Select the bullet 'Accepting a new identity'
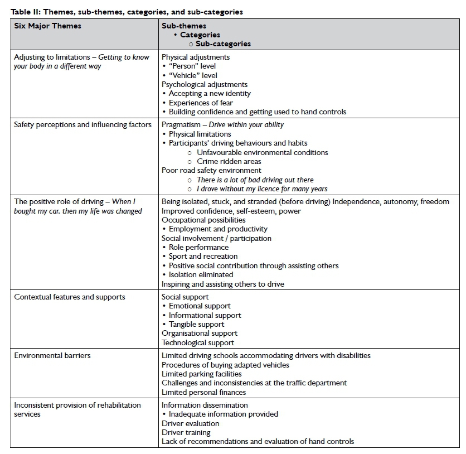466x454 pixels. tap(210, 94)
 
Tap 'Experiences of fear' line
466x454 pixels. tap(201, 103)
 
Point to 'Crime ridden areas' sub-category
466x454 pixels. tap(229, 161)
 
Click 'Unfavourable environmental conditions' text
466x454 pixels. tap(262, 152)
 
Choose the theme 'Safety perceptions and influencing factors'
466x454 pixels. tap(82, 124)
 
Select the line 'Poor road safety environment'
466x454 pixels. tap(211, 170)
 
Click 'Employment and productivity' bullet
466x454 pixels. tap(218, 229)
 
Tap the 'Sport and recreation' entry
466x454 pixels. tap(203, 256)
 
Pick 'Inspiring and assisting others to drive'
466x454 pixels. tap(222, 284)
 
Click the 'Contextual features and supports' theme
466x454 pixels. tap(70, 297)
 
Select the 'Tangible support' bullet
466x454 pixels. tap(196, 324)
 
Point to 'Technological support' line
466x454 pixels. tap(198, 342)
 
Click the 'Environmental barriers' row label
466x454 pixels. tap(52, 355)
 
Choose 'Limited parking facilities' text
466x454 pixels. tap(201, 374)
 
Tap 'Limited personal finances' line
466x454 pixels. tap(203, 392)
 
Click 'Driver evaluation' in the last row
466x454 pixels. tap(190, 423)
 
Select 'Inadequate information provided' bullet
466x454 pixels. tap(223, 414)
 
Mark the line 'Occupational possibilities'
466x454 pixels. tap(203, 220)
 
